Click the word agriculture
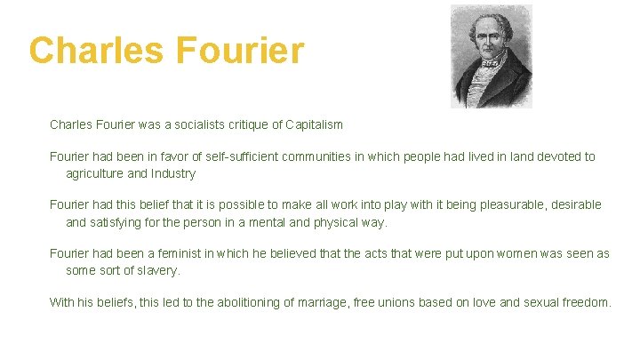click(x=95, y=173)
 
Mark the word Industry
click(x=173, y=173)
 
